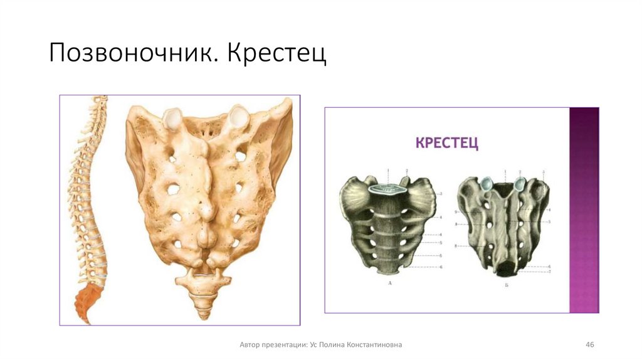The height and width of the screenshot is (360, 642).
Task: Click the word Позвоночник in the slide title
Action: click(129, 54)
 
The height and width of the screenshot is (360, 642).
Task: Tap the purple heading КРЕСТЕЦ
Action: click(447, 143)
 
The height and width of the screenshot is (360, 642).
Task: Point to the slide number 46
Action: click(589, 345)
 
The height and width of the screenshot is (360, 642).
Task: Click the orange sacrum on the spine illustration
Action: click(86, 304)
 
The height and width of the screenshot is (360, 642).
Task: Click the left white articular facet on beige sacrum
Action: click(172, 117)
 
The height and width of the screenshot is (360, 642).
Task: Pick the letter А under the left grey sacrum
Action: click(390, 284)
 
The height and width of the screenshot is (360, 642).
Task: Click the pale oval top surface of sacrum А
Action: click(389, 188)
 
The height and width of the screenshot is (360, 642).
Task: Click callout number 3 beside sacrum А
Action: click(441, 194)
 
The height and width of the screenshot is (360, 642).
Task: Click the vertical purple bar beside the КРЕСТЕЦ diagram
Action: click(584, 210)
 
